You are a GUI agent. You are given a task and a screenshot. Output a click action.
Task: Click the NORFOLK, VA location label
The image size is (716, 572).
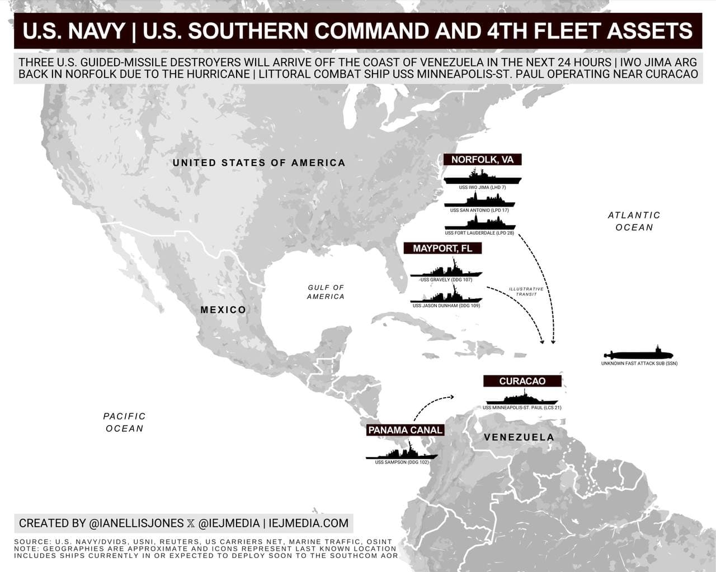(482, 160)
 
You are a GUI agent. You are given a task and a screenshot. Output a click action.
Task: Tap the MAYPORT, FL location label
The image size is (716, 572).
(442, 249)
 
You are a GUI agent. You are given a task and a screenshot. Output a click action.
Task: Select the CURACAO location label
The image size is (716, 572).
(522, 381)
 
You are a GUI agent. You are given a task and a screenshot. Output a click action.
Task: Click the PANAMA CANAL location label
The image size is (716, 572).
(406, 430)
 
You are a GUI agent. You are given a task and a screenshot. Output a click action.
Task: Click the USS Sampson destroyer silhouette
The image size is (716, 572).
(402, 452)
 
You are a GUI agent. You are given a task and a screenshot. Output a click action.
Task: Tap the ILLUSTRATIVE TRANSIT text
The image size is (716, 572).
(526, 292)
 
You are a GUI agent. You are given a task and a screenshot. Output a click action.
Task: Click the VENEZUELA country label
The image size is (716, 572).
(519, 437)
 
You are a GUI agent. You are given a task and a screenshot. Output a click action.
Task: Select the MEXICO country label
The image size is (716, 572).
(223, 310)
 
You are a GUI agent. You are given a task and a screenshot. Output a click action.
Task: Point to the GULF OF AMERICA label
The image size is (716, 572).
(326, 292)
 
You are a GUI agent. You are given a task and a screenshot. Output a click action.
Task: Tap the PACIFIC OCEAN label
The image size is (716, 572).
(124, 422)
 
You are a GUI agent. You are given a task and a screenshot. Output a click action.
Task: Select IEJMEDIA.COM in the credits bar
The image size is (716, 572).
(308, 523)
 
